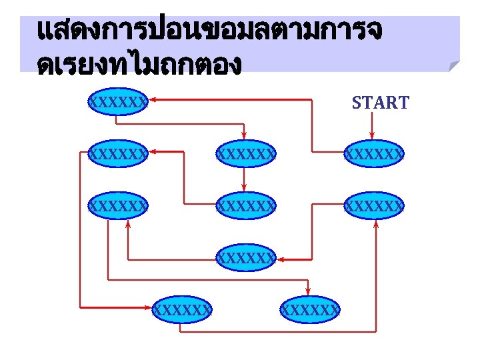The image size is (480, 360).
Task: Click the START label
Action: (x=380, y=103)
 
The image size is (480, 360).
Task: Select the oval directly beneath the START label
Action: (x=373, y=155)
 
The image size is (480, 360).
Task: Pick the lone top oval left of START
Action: (x=117, y=101)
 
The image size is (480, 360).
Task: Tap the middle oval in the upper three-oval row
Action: (x=245, y=155)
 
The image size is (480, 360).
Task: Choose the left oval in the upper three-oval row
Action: (x=117, y=155)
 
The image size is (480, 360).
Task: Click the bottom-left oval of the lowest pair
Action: (x=181, y=309)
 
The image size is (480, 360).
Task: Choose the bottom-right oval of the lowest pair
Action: (x=309, y=309)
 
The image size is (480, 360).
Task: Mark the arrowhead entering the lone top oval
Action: (x=151, y=100)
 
